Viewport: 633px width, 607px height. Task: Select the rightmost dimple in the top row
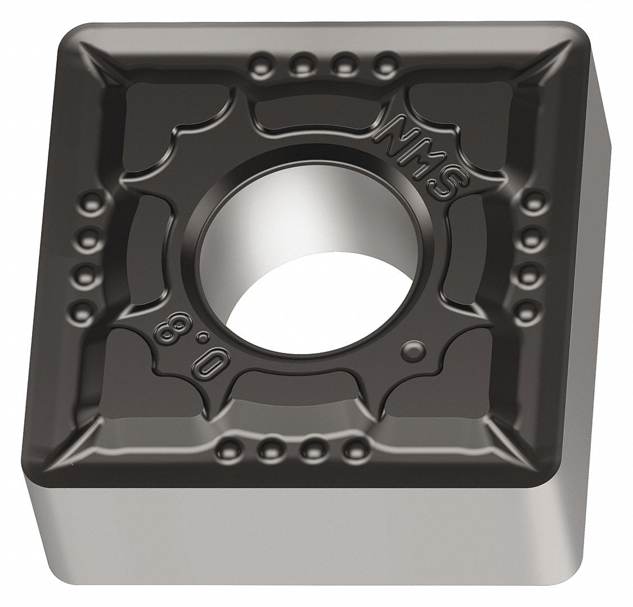click(385, 62)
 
